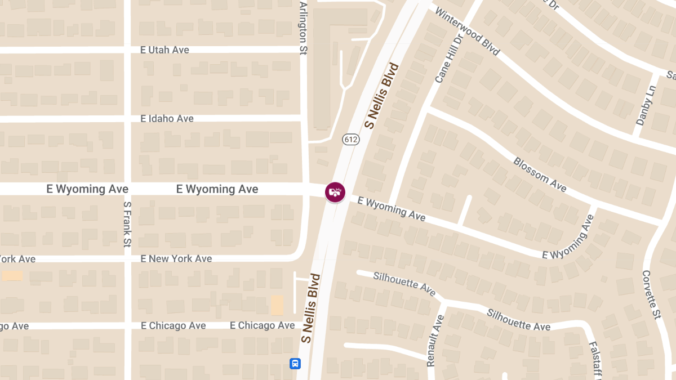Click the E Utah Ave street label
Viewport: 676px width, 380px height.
tap(164, 50)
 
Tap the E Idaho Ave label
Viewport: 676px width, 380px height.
tap(167, 119)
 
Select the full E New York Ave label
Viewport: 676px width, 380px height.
tap(176, 258)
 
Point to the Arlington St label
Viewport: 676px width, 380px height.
tap(303, 28)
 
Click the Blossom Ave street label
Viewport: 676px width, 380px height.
tap(540, 174)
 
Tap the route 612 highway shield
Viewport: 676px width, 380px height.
tap(350, 139)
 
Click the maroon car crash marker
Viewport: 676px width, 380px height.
tap(335, 192)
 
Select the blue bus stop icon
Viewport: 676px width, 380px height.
tap(295, 363)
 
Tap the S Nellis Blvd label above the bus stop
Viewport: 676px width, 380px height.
tap(310, 309)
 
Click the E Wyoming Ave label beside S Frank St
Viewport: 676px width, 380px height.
tap(87, 189)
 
